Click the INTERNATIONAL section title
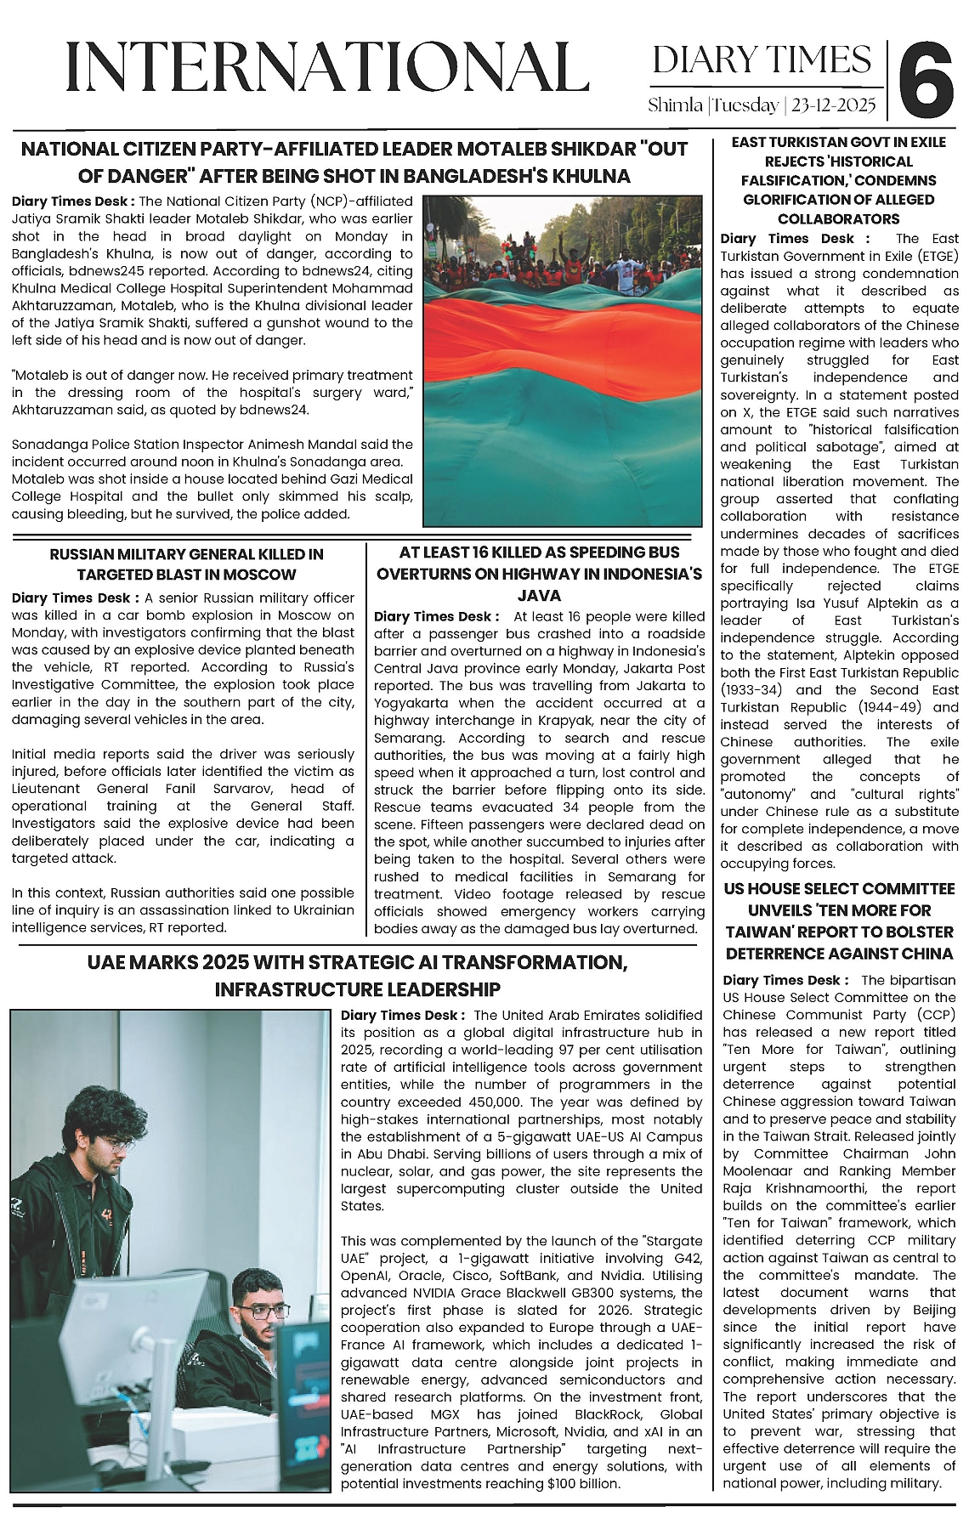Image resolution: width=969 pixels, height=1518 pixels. point(327,67)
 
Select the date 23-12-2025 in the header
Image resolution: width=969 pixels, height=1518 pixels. point(833,106)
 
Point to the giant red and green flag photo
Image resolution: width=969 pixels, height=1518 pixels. point(563,360)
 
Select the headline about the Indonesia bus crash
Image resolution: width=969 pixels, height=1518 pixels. point(539,574)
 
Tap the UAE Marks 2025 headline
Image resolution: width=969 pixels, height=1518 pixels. point(357,976)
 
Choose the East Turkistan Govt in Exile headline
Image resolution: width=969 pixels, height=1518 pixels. point(838,180)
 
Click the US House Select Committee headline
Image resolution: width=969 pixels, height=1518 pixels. point(838,920)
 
